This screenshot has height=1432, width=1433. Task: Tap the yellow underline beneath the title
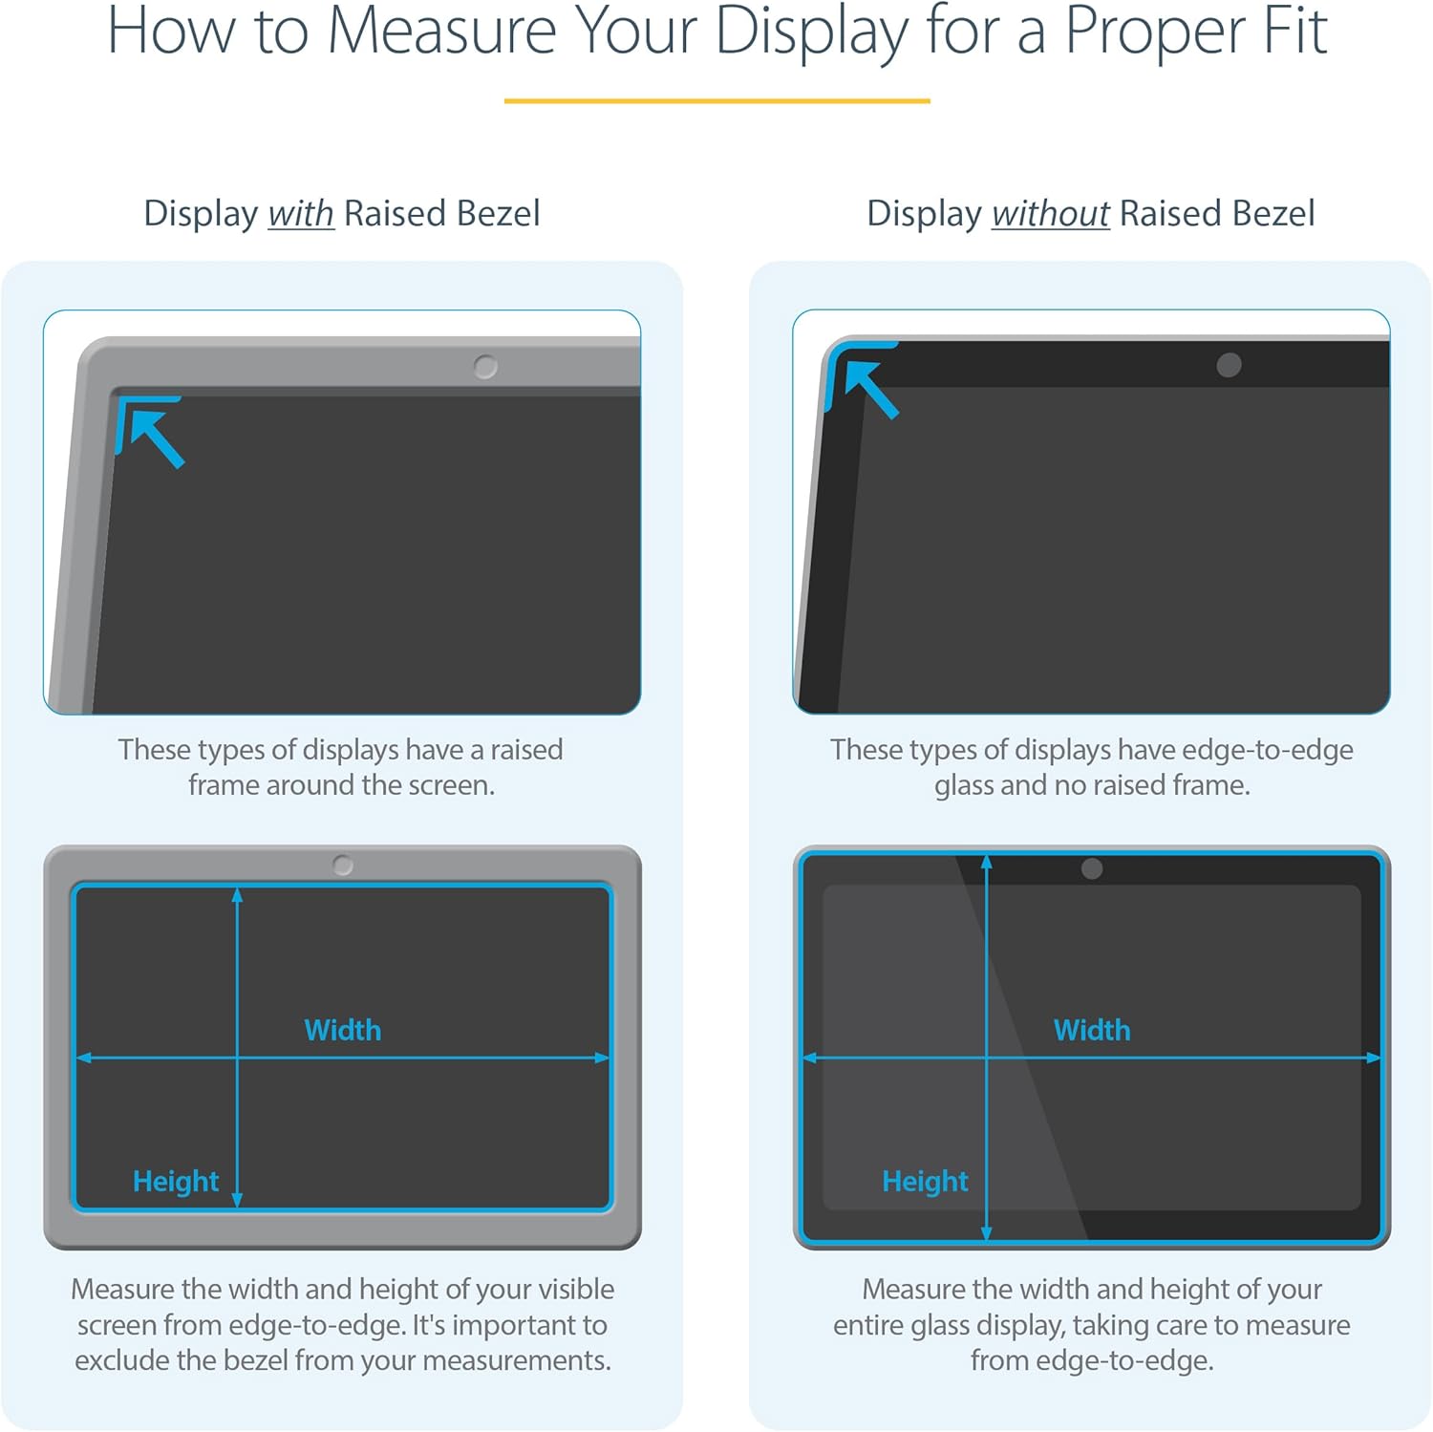(716, 100)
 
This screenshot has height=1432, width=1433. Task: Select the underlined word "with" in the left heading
(300, 213)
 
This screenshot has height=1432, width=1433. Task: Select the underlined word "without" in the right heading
(1050, 213)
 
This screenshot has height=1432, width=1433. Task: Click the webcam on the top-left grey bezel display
(485, 367)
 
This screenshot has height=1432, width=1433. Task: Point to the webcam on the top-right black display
(1229, 365)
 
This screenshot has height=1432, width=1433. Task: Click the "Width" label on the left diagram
(342, 1030)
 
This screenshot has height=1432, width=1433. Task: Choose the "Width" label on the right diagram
(1091, 1030)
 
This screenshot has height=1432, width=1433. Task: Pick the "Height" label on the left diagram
(176, 1182)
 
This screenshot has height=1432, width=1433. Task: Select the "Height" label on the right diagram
(925, 1182)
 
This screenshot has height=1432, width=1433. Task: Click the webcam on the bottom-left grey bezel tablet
(343, 866)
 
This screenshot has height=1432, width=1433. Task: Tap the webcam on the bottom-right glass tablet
(1092, 868)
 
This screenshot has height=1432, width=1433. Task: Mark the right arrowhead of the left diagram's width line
(602, 1058)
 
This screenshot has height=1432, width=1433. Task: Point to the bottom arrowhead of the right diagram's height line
(987, 1233)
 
